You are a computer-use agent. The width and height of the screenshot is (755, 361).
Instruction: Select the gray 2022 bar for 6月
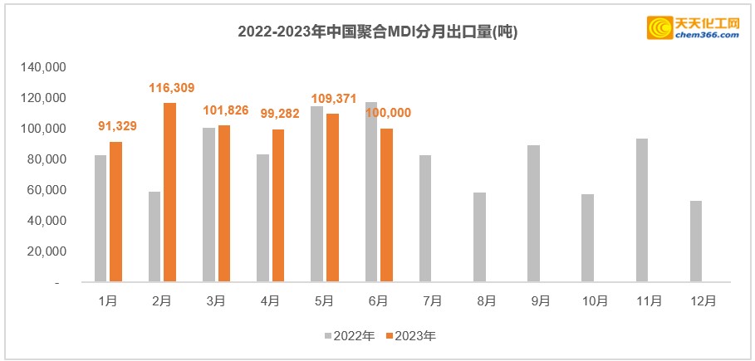[371, 192]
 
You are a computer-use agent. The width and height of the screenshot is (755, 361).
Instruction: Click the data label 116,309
[172, 86]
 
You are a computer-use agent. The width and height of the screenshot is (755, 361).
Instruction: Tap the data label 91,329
[118, 126]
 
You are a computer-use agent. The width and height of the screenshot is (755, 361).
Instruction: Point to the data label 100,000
[389, 113]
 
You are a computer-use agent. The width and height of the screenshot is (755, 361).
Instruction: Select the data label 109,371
[334, 99]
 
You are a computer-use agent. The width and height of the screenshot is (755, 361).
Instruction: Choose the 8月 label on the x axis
[487, 301]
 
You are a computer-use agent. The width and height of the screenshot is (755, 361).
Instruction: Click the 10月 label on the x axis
[596, 301]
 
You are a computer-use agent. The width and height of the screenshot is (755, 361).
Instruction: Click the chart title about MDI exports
[378, 32]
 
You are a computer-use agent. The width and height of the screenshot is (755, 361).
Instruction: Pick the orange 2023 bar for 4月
[278, 206]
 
